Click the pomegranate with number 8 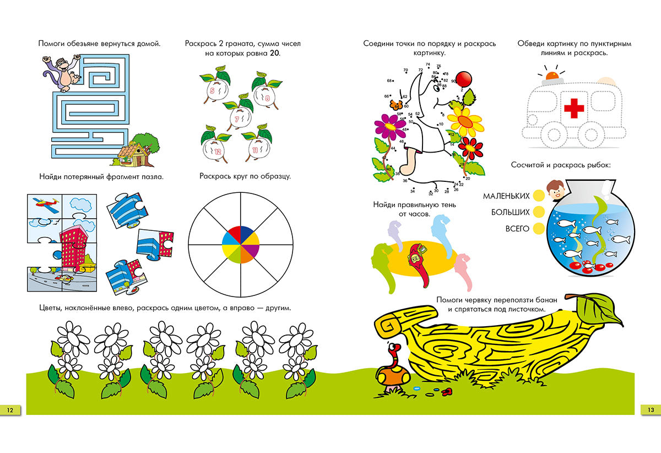coord(264,98)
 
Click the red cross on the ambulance coord(574,108)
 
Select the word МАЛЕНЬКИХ coord(506,196)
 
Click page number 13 coord(650,409)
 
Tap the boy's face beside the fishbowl coord(556,192)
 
